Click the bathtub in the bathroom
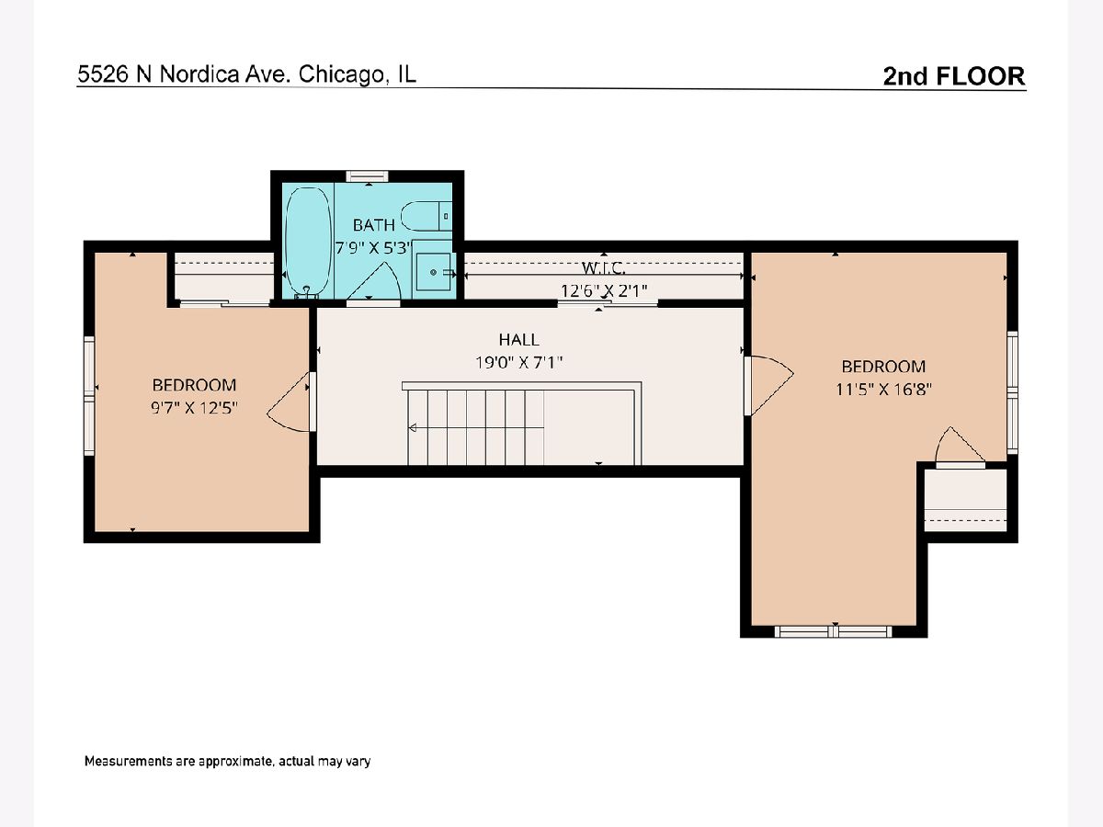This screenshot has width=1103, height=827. pos(309,242)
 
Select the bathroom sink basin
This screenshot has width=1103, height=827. pos(433,272)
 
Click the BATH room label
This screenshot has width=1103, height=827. pos(373,225)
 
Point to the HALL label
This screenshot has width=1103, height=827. pos(518,340)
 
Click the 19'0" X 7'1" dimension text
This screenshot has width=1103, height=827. pos(518,362)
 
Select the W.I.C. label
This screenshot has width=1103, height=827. pos(604,268)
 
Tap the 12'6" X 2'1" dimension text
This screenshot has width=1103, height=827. pos(604,290)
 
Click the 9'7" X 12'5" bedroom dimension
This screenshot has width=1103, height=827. pos(193,407)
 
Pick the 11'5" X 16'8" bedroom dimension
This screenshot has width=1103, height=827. pos(883,389)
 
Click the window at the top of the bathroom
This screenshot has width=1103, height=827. pos(368,176)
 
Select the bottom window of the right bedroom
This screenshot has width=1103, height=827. pos(833,631)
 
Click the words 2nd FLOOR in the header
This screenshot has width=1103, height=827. pos(954,76)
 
